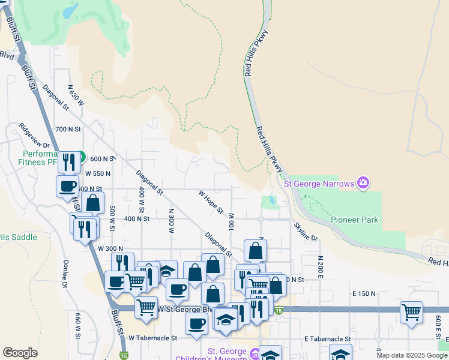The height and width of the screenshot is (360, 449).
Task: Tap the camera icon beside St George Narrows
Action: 363,183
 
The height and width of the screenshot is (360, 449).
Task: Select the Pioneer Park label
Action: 355,220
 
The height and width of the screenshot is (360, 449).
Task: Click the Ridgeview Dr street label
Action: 34,137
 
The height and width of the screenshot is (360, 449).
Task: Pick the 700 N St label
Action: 67,129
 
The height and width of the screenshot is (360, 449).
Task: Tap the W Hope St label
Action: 211,202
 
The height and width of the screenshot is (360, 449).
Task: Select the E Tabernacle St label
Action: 327,339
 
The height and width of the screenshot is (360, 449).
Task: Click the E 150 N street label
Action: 363,293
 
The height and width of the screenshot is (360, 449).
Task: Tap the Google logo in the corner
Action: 20,352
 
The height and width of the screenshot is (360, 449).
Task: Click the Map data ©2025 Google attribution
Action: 412,355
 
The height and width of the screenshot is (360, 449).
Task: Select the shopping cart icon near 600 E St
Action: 411,312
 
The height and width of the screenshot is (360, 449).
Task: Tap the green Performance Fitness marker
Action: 82,154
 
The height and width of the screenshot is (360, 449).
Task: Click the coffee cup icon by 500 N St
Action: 68,185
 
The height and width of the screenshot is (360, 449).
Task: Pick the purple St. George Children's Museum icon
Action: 255,355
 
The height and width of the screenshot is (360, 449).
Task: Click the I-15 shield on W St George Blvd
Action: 279,310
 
